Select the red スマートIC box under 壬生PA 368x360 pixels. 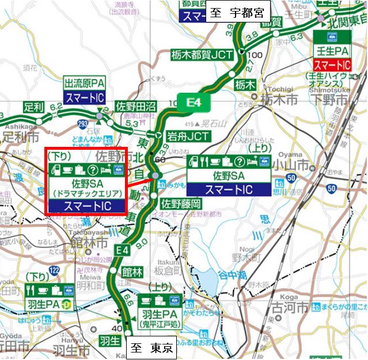[x=332, y=64]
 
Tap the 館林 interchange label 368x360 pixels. [x=132, y=272]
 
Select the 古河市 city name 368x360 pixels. [x=276, y=320]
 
